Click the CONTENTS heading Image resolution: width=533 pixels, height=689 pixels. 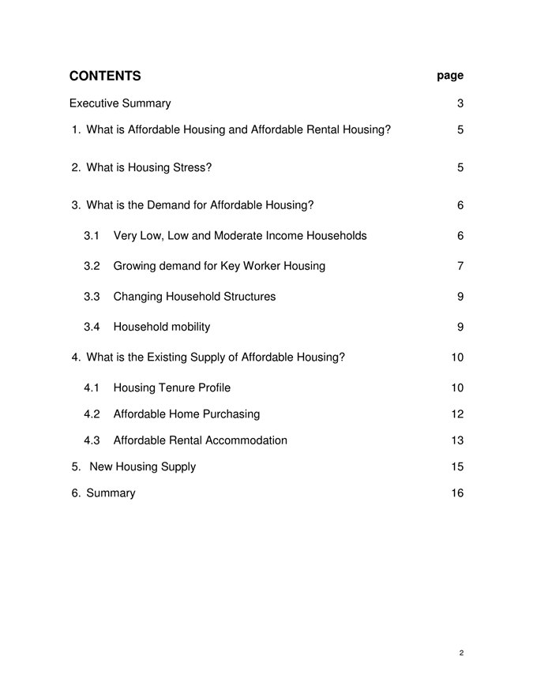point(105,76)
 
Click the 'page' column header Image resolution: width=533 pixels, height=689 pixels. point(450,76)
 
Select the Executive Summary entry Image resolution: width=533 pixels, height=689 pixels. point(120,103)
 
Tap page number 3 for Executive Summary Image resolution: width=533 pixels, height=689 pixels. point(460,103)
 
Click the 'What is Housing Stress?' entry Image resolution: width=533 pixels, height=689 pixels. point(142,167)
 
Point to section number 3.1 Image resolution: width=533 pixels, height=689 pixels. point(92,236)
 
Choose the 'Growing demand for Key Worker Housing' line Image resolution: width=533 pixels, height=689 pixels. point(219,266)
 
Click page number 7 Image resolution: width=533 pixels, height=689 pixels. point(460,266)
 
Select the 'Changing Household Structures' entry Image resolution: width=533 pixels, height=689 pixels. point(194,297)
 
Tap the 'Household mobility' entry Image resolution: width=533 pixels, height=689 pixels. point(162,327)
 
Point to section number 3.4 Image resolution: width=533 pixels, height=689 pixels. point(92,327)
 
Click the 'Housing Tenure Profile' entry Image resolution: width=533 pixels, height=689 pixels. point(172,388)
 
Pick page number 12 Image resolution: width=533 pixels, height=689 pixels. point(457,414)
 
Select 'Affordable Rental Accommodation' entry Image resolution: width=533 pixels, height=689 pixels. point(200,440)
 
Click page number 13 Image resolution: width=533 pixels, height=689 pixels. point(457,440)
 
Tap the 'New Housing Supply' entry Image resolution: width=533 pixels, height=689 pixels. point(134,466)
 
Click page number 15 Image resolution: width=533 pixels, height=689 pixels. point(457,466)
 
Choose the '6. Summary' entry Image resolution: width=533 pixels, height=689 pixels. point(103,493)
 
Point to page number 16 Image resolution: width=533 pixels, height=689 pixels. point(457,493)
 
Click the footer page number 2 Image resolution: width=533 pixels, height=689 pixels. point(460,653)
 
